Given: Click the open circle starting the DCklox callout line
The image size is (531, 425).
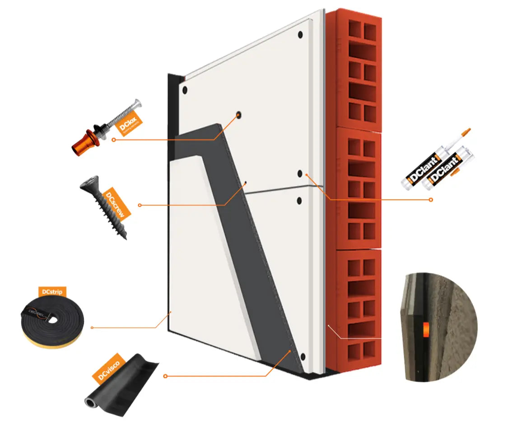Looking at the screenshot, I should point(113,140).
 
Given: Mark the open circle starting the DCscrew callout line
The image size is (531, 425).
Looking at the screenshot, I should point(140,205).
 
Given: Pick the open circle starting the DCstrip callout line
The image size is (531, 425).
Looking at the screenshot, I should point(92,327).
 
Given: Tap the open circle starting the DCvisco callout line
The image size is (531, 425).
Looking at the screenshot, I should point(165,376).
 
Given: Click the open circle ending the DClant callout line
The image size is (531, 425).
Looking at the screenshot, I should point(431,199).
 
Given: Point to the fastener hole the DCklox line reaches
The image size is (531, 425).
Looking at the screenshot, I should point(238,115).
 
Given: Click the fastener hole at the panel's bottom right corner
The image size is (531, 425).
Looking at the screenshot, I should point(302,358).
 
